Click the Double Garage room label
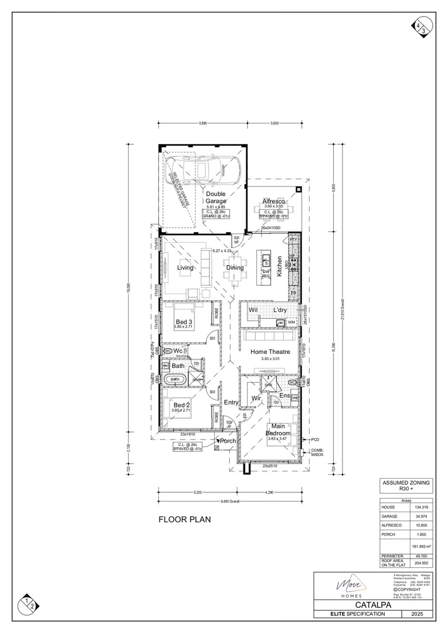(215, 197)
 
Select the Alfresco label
(273, 201)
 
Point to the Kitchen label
(280, 267)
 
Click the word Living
(186, 268)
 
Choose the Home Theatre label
(271, 352)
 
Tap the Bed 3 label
(185, 322)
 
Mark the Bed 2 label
(181, 405)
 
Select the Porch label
(228, 441)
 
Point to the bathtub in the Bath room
(175, 379)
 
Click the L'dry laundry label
(279, 309)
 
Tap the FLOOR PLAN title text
(185, 519)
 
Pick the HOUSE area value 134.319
(420, 508)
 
